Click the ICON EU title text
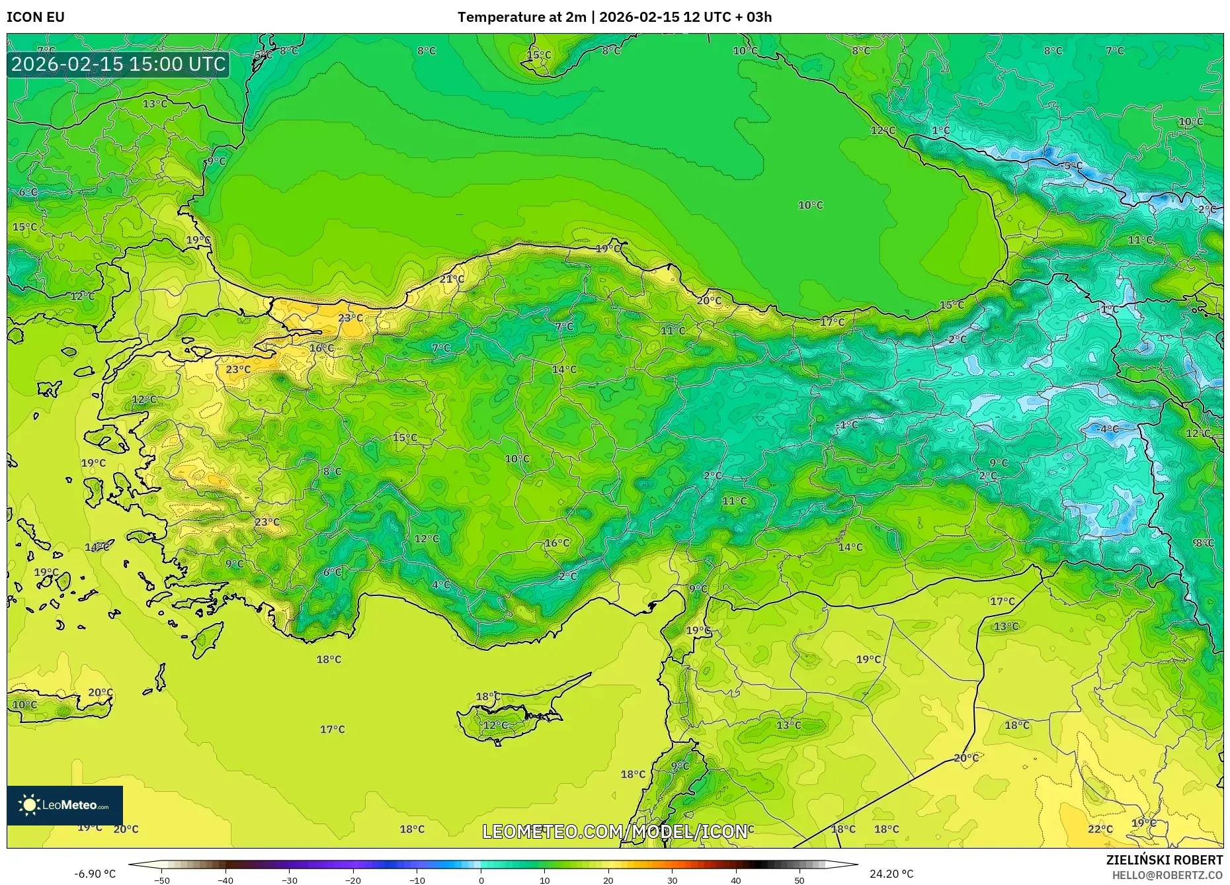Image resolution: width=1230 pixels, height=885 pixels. tap(36, 17)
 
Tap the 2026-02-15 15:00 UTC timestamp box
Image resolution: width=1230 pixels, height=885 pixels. tap(118, 64)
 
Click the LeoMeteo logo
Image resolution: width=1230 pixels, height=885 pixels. tap(65, 805)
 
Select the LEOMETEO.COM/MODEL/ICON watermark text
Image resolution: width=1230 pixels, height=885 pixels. tap(614, 831)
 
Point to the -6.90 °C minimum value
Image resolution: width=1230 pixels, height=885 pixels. tap(95, 874)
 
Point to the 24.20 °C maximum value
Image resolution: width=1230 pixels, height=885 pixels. tap(891, 874)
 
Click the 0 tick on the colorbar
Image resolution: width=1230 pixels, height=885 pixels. tap(481, 880)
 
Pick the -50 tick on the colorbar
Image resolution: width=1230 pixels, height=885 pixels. tap(162, 880)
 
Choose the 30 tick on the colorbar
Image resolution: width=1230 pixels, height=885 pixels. tap(672, 880)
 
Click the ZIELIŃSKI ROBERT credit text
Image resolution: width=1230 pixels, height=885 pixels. tap(1164, 860)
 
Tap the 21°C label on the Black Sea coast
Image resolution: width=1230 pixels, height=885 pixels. tap(452, 279)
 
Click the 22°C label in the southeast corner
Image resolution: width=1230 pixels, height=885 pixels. tap(1100, 829)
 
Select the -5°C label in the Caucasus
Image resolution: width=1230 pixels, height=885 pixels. tap(1072, 166)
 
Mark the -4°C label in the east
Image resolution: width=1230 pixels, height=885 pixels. tap(1108, 429)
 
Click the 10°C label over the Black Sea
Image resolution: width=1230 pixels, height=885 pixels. tap(810, 205)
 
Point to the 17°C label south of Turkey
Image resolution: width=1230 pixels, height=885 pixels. tap(332, 729)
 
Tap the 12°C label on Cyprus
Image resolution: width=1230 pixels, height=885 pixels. tap(495, 725)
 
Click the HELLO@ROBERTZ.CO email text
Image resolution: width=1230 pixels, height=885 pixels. tap(1167, 875)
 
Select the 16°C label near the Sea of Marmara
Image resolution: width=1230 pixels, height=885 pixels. tap(321, 348)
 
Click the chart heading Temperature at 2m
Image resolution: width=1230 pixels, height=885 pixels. tap(522, 17)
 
